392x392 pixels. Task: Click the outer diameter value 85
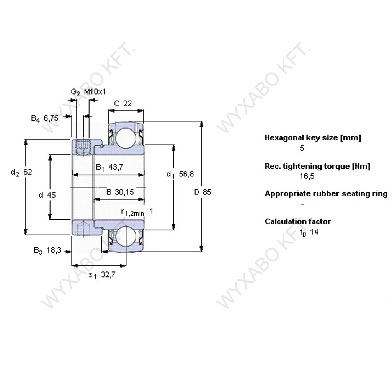tap(207, 192)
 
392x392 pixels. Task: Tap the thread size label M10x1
tap(95, 92)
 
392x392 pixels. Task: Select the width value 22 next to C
tap(127, 103)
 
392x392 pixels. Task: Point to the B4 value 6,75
tap(51, 118)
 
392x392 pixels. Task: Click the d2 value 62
tap(28, 172)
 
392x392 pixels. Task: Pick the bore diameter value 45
tap(51, 195)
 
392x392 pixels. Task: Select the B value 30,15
tap(124, 192)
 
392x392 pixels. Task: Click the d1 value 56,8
tap(186, 174)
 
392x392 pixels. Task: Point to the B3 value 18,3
tap(54, 250)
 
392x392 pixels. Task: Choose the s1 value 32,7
tap(108, 275)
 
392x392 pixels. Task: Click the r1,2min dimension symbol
tap(132, 212)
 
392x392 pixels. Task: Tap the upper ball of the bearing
tap(126, 137)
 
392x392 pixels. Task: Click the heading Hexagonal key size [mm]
tap(313, 138)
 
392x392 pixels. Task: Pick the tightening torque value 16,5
tap(307, 176)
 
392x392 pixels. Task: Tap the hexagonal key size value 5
tap(302, 148)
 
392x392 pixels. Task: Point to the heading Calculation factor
tap(297, 222)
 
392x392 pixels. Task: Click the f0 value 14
tap(314, 232)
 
